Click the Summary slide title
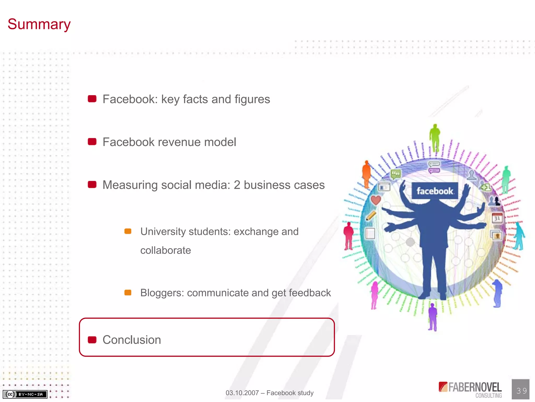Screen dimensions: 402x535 pyautogui.click(x=39, y=24)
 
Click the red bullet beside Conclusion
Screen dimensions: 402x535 pyautogui.click(x=92, y=340)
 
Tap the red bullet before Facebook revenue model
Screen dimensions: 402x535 pyautogui.click(x=92, y=142)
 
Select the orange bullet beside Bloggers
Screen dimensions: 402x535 pyautogui.click(x=128, y=292)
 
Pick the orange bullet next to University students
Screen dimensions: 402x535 pyautogui.click(x=128, y=231)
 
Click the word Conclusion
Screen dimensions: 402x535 pyautogui.click(x=132, y=340)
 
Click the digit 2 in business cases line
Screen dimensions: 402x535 pyautogui.click(x=237, y=185)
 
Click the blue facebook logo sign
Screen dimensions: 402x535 pyautogui.click(x=435, y=191)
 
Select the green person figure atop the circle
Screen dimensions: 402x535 pyautogui.click(x=435, y=137)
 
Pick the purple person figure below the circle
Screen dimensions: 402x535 pyautogui.click(x=433, y=317)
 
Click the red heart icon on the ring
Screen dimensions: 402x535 pyautogui.click(x=376, y=200)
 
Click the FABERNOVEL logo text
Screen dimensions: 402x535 pyautogui.click(x=475, y=388)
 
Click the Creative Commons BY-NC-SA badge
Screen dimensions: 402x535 pyautogui.click(x=25, y=394)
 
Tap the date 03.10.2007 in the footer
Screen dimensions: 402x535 pyautogui.click(x=242, y=393)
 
